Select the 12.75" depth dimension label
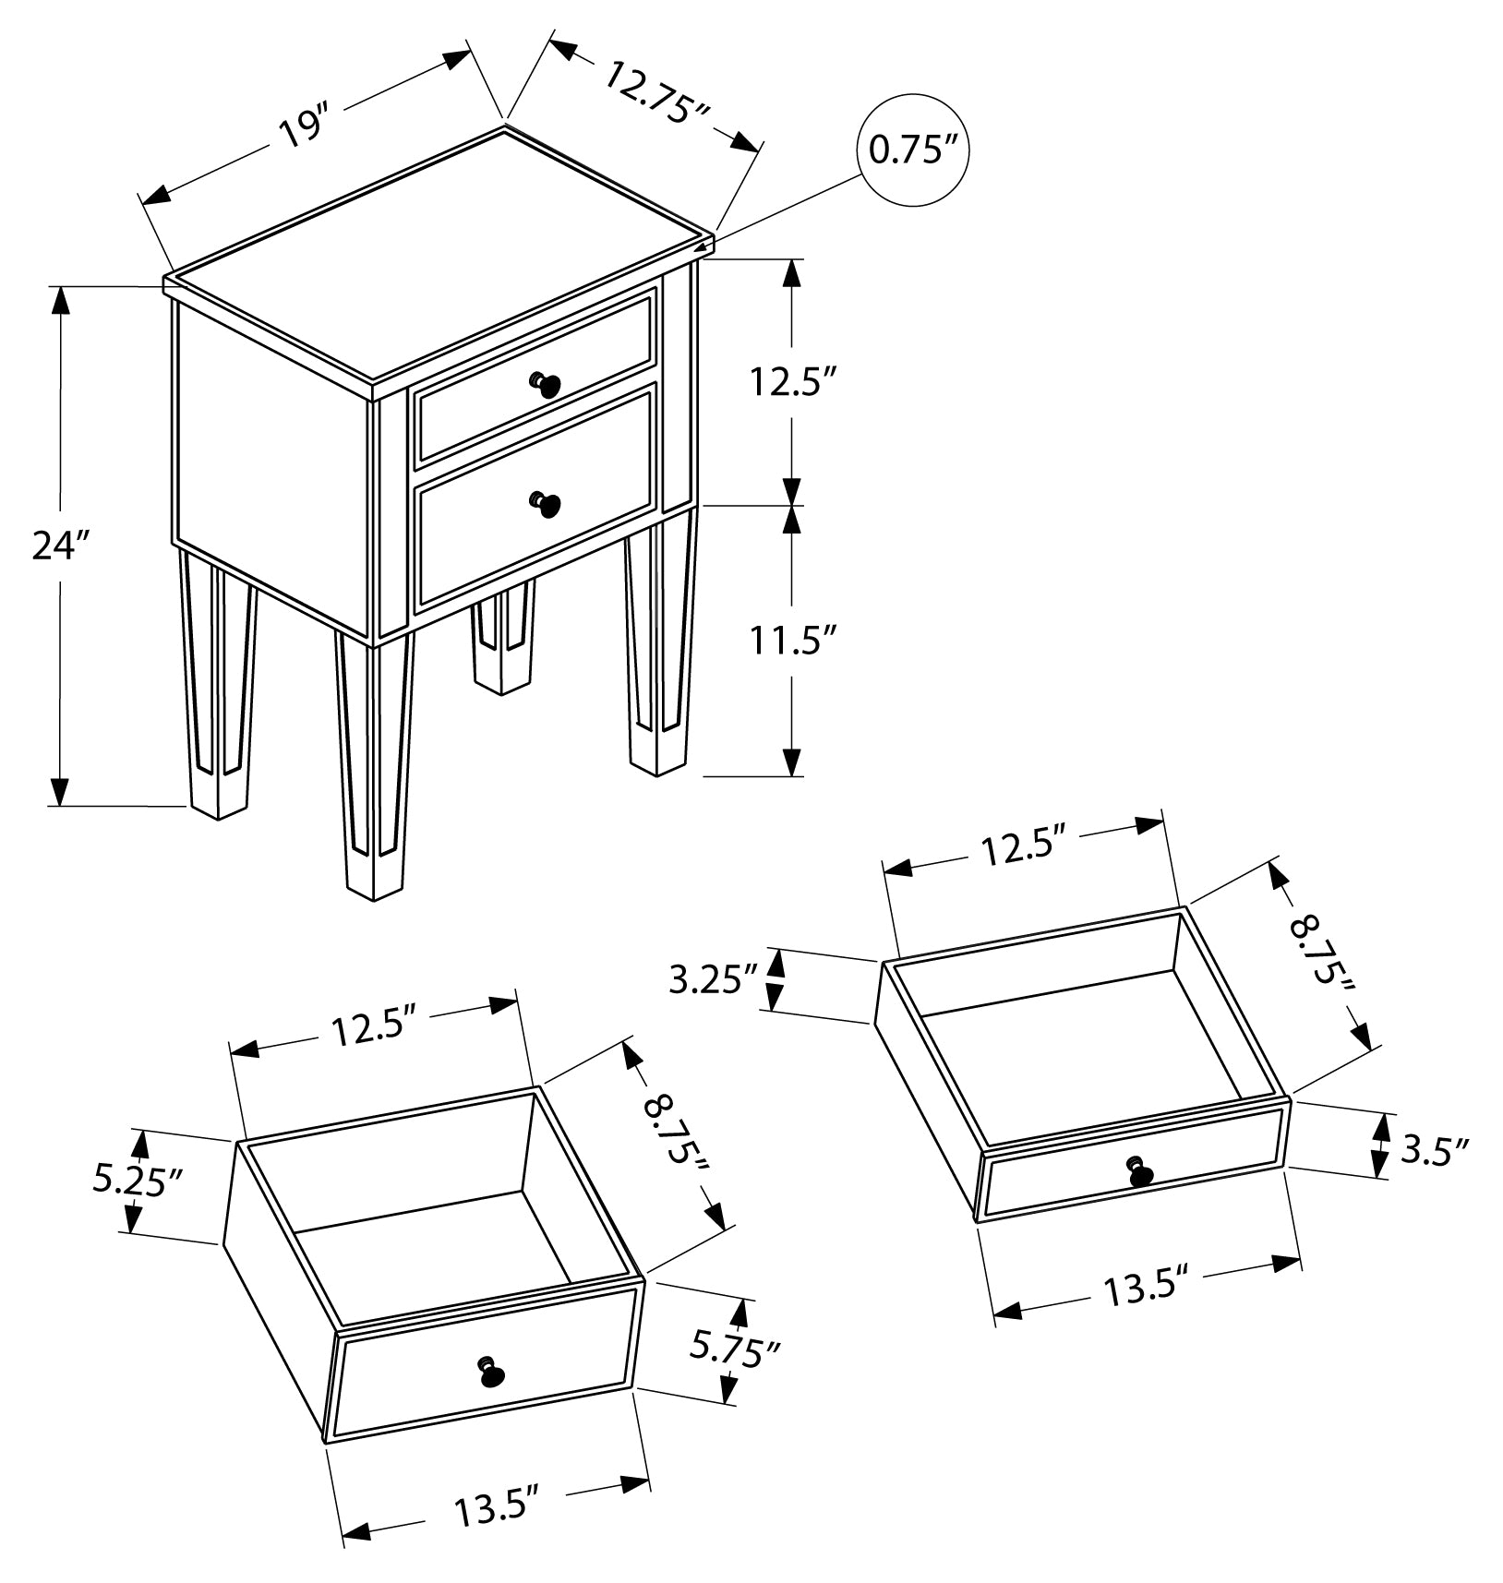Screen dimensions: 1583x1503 point(657,92)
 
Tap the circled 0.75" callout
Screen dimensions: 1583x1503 point(913,150)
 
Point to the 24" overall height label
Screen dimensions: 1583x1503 point(59,546)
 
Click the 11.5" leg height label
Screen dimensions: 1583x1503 point(793,639)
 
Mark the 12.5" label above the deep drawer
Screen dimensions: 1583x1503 point(376,1028)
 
